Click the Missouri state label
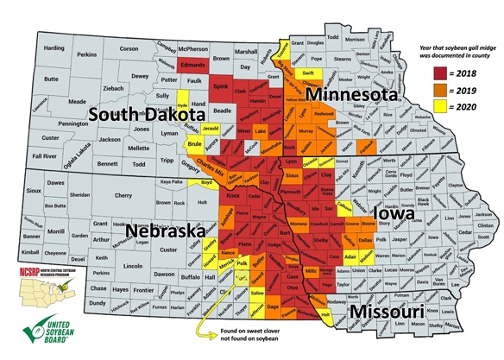point(395,311)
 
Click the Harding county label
point(54,47)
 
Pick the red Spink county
point(220,88)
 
